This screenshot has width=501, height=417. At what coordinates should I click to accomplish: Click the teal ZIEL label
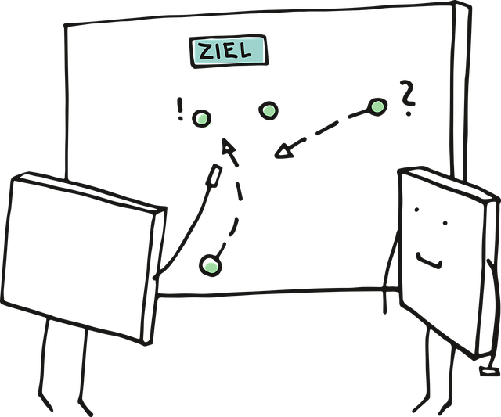point(229,51)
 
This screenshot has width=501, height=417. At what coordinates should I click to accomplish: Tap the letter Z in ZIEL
point(206,52)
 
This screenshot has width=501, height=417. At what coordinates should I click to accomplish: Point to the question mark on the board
point(405,98)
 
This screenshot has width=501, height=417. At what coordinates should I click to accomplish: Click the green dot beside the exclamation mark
point(203,118)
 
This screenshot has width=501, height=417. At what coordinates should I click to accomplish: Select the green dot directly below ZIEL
point(269,110)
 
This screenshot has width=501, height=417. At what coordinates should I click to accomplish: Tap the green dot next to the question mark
point(377,106)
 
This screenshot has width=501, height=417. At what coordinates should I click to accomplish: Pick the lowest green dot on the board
point(209,267)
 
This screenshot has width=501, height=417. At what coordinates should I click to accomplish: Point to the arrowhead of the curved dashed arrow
point(228,146)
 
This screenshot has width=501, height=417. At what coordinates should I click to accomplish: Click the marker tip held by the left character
point(212,176)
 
